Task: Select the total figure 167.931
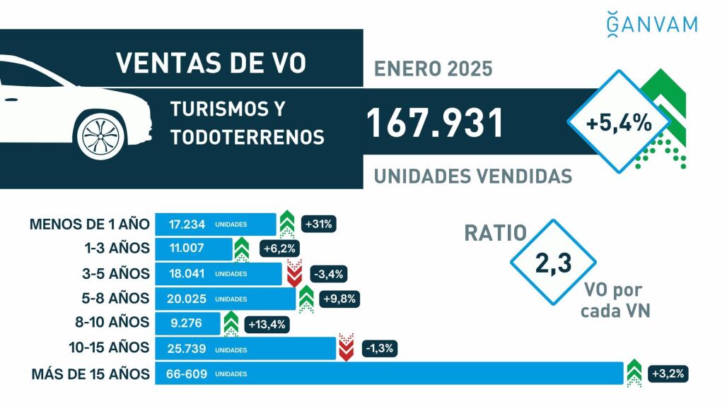coord(435,124)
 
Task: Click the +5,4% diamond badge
coord(618,122)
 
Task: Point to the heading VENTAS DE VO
coord(211,63)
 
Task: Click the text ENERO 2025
coord(433,71)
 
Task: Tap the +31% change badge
coord(318,224)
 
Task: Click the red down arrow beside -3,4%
coord(294,273)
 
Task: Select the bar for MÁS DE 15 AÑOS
coord(388,373)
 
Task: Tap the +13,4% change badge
coord(267,324)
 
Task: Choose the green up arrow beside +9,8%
coord(306,299)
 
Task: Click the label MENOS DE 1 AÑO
coord(90,224)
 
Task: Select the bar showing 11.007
coord(193,248)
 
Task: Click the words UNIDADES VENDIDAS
coord(472,176)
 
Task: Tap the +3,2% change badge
coord(668,373)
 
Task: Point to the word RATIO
coord(496,233)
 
